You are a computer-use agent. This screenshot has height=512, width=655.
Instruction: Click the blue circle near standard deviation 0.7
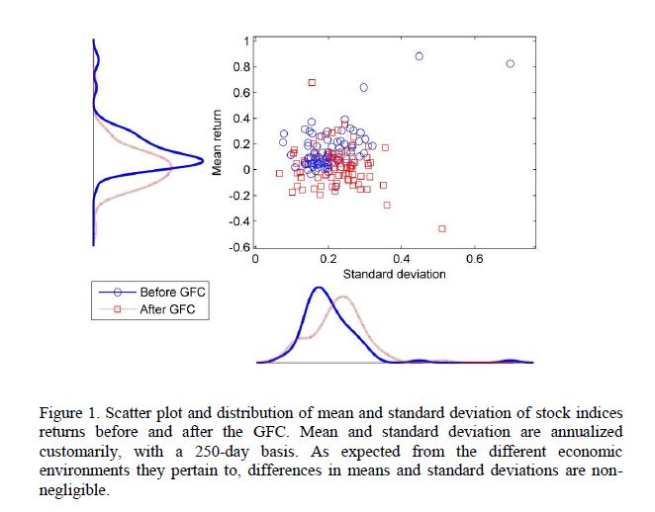click(511, 63)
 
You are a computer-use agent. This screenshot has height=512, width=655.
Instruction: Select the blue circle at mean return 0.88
click(419, 56)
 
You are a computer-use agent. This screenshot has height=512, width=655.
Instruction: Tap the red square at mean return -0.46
click(441, 228)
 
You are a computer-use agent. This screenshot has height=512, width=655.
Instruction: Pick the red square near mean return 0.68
click(312, 82)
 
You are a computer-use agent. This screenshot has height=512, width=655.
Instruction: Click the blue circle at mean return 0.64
click(363, 87)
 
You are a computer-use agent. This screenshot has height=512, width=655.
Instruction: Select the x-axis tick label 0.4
click(401, 259)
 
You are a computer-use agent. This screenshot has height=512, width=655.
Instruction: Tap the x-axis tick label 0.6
click(474, 259)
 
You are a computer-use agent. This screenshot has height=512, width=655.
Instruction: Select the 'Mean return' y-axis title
click(219, 143)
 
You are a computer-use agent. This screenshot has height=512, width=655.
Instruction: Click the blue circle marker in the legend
click(118, 292)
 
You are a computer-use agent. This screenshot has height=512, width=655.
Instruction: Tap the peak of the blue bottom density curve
click(319, 288)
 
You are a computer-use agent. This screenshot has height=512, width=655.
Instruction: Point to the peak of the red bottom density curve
click(342, 297)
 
